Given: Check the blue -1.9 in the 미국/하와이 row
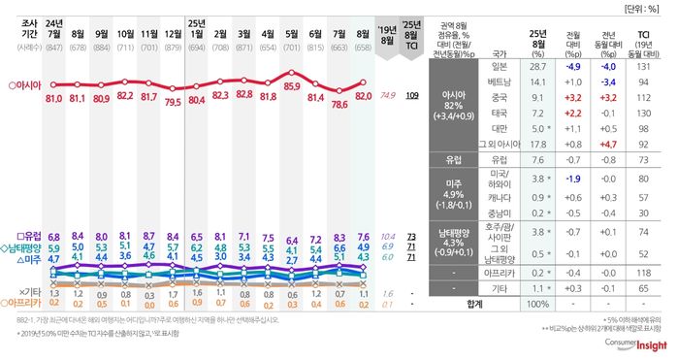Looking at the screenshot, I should tap(572, 179).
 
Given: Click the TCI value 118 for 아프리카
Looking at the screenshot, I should tap(643, 272).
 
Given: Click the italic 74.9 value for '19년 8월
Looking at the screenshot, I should tap(388, 96).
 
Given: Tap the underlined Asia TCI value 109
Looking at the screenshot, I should tap(411, 96).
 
